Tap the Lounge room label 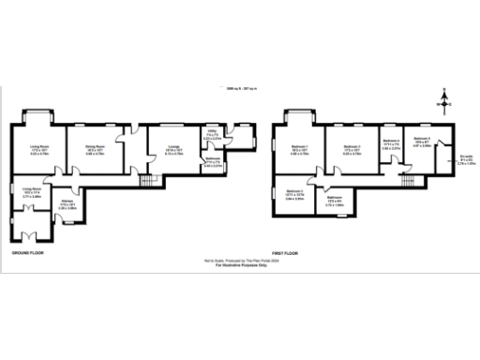tap(173, 147)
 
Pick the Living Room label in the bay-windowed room tap(38, 147)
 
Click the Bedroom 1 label tap(301, 147)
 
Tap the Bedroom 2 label tap(352, 147)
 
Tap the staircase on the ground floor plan tap(145, 178)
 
